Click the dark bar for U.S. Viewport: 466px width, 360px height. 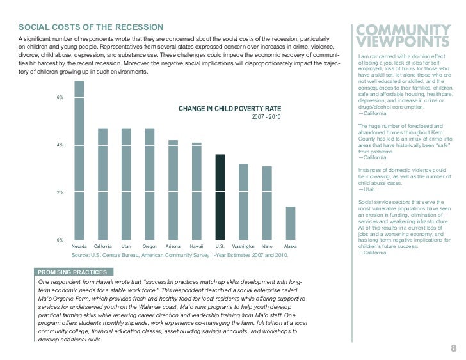pyautogui.click(x=220, y=197)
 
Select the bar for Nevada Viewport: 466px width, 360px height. pyautogui.click(x=79, y=160)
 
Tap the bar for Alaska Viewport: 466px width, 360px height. pyautogui.click(x=290, y=223)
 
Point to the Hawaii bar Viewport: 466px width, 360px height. pyautogui.click(x=197, y=191)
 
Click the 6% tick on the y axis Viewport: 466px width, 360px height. pyautogui.click(x=60, y=98)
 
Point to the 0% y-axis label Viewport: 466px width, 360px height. pyautogui.click(x=60, y=240)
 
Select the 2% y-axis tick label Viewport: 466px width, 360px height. pyautogui.click(x=60, y=192)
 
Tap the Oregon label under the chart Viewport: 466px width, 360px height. pyautogui.click(x=150, y=246)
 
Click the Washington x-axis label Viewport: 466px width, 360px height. pyautogui.click(x=243, y=246)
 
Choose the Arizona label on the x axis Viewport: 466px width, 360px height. pyautogui.click(x=173, y=246)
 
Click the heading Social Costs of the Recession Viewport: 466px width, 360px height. pyautogui.click(x=90, y=27)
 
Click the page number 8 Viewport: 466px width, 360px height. pyautogui.click(x=453, y=348)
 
